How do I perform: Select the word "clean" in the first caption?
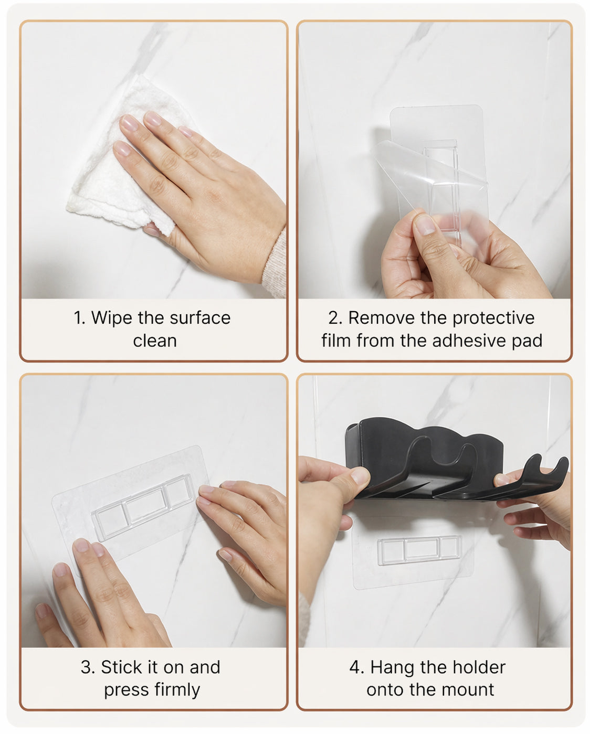[155, 341]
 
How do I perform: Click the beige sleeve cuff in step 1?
[275, 263]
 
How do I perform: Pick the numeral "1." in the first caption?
[80, 318]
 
